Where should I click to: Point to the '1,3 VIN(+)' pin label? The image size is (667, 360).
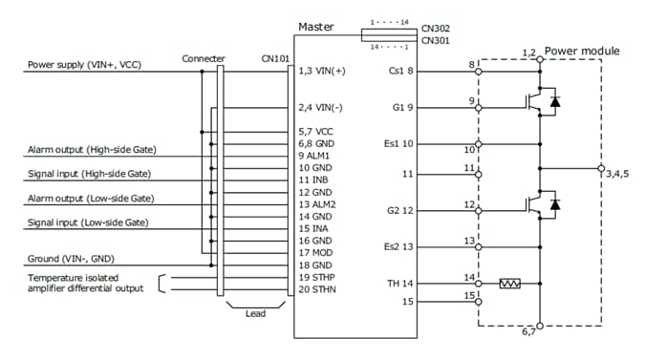[x=322, y=72]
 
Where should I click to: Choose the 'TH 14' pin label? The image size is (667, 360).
[x=400, y=284]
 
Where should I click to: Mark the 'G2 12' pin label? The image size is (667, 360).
[x=400, y=209]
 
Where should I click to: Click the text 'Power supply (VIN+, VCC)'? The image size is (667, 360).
[x=83, y=66]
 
